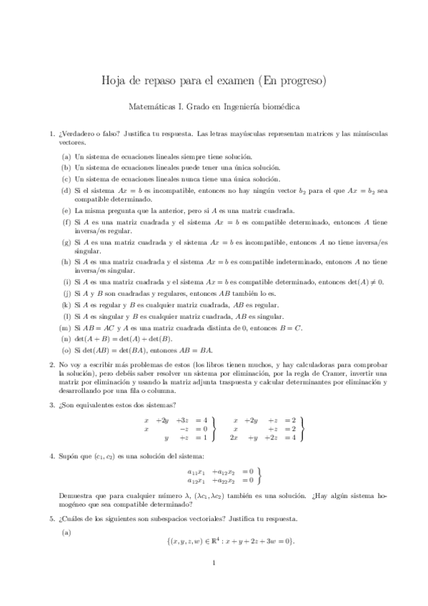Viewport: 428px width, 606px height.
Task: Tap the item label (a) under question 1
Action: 66,156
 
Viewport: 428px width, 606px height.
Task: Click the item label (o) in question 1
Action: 66,350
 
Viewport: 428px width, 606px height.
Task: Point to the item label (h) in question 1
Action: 66,262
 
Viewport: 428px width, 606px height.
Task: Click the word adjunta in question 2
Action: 181,382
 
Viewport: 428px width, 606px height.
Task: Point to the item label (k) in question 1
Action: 66,305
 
